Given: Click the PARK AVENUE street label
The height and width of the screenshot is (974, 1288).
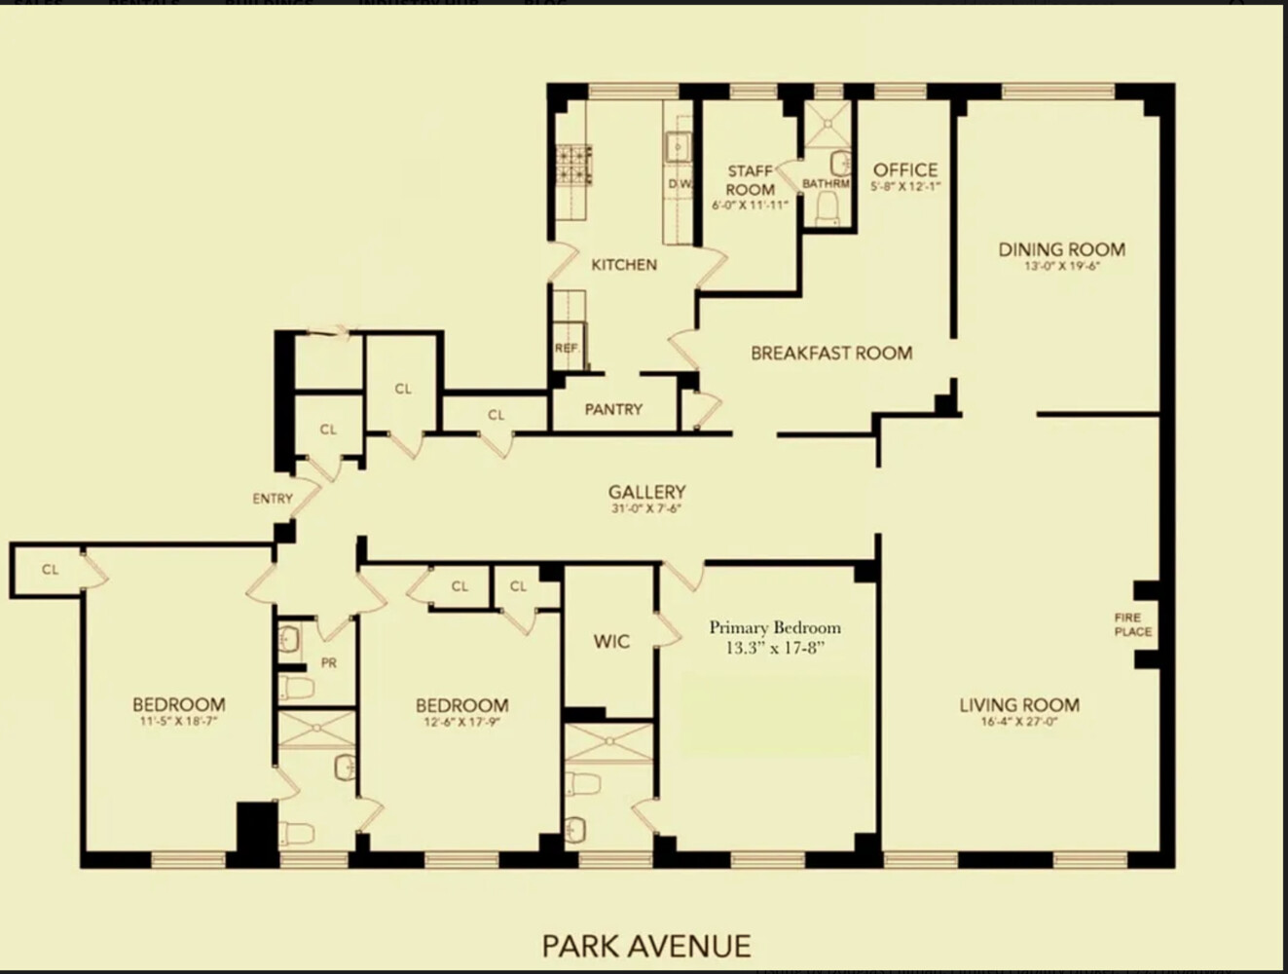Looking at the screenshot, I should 646,945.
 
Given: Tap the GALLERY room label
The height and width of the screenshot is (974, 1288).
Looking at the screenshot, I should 646,492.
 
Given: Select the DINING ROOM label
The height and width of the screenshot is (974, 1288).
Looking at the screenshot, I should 1061,249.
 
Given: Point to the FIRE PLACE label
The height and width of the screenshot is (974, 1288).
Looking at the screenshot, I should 1132,624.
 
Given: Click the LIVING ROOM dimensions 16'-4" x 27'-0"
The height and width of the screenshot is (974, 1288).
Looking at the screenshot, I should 1019,723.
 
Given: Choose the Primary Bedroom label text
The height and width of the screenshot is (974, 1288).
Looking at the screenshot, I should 774,628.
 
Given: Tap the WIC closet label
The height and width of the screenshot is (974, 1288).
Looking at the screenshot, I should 611,642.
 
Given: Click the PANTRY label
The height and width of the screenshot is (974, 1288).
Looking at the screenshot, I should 613,409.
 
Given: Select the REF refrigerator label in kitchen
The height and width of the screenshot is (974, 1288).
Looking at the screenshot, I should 566,348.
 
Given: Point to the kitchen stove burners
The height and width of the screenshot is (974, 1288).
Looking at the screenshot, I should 574,165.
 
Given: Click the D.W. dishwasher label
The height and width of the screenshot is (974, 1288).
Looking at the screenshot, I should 680,184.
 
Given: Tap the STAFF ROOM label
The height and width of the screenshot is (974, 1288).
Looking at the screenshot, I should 751,180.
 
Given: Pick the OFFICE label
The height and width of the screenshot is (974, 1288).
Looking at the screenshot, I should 905,169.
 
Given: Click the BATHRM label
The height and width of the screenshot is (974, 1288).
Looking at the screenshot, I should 826,184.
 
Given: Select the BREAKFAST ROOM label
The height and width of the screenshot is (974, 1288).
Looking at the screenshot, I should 831,354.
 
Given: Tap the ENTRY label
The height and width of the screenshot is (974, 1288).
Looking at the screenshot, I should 273,499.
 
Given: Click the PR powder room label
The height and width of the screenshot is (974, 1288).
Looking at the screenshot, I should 329,662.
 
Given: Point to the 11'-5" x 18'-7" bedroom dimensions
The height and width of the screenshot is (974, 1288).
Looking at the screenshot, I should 179,722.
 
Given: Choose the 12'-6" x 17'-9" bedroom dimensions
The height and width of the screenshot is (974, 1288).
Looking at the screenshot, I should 461,722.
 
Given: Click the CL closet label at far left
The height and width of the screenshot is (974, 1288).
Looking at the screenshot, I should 50,569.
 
